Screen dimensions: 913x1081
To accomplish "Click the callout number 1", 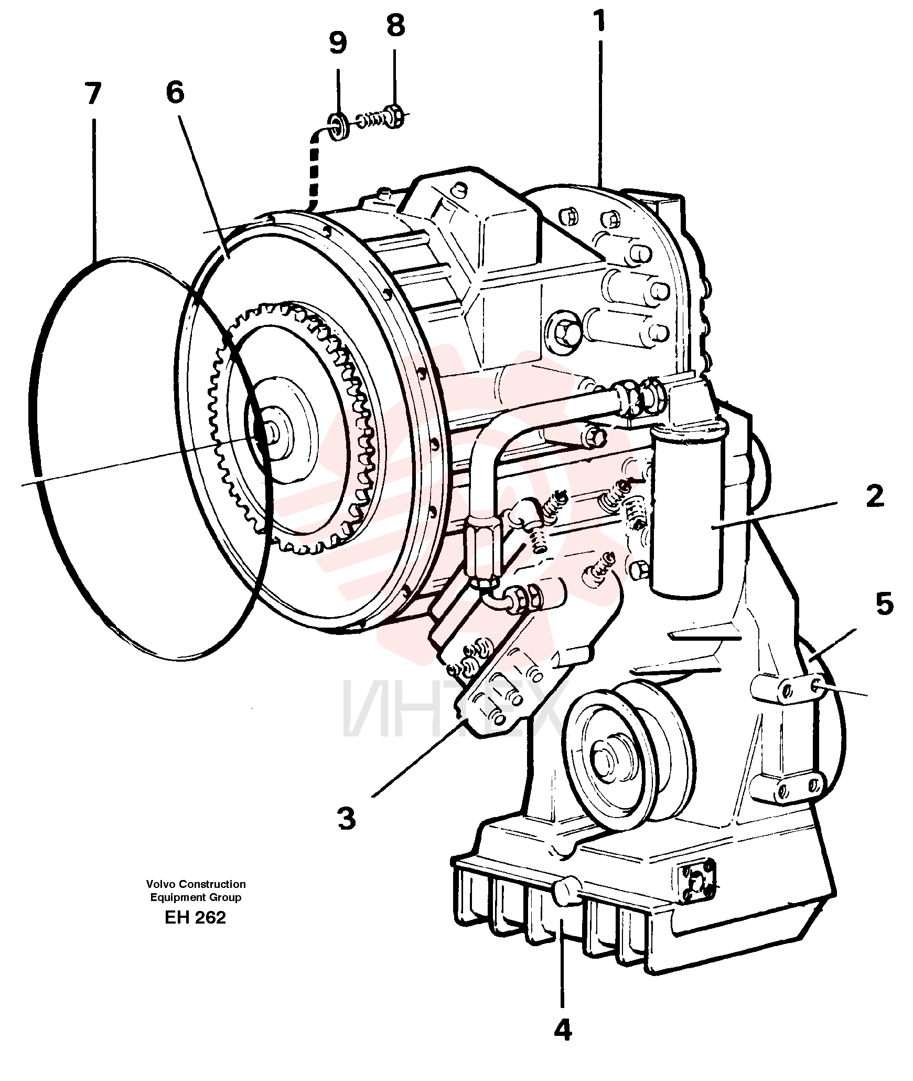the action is (x=599, y=21).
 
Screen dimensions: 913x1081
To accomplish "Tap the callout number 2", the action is (x=875, y=496).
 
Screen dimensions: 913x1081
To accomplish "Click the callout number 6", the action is (x=175, y=92).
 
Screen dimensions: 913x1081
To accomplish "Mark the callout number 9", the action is (x=338, y=43).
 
